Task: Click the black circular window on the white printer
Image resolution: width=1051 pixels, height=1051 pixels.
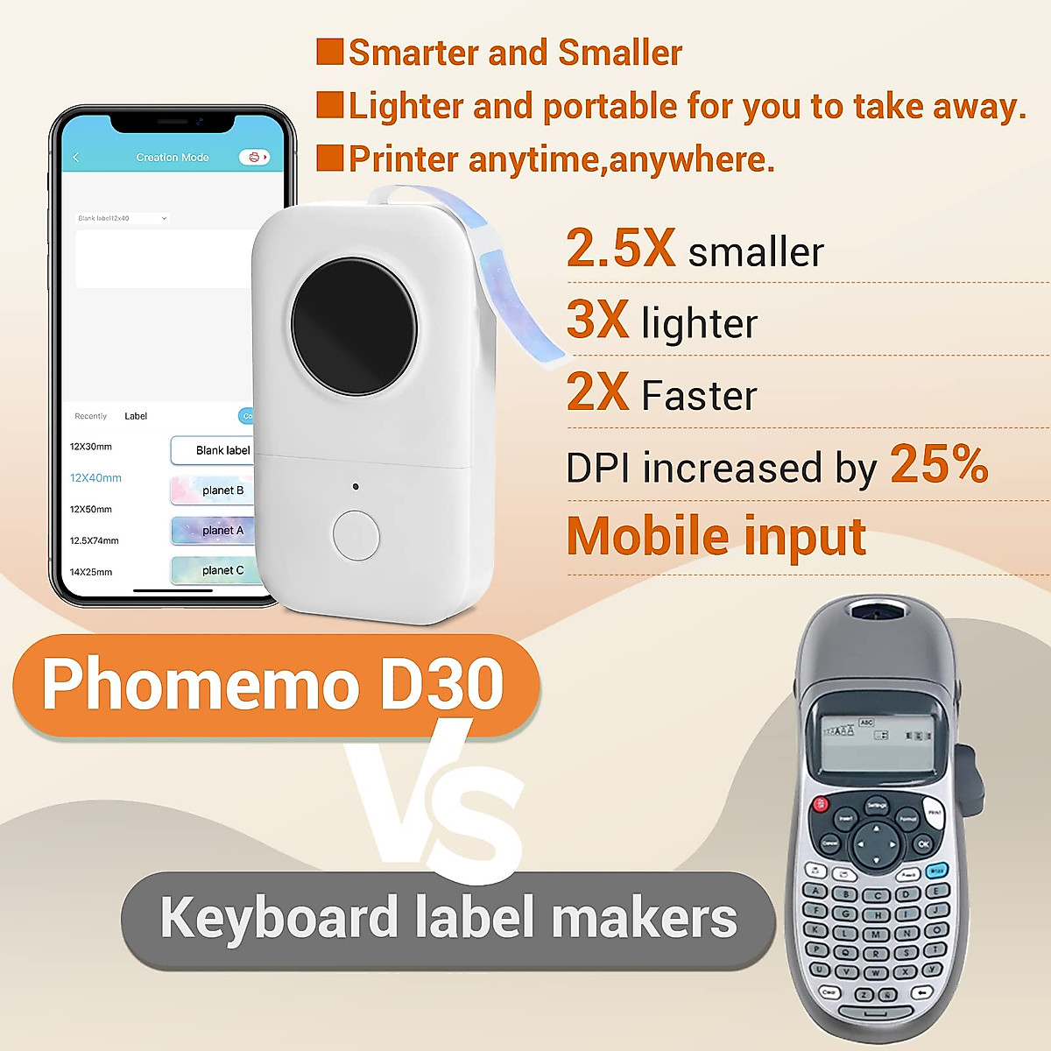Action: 354,327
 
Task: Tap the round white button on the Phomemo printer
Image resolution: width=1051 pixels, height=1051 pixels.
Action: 356,535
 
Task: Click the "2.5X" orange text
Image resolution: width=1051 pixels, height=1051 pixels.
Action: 621,248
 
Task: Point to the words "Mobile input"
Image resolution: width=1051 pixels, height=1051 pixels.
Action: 716,536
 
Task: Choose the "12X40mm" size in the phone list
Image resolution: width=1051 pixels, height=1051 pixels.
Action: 95,478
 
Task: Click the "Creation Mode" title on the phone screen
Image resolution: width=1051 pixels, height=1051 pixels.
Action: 173,158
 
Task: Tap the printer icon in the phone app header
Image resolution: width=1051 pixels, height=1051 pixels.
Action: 254,158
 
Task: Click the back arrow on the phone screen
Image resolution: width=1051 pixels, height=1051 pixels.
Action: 76,158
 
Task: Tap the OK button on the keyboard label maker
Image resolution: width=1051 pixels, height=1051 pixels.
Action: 922,844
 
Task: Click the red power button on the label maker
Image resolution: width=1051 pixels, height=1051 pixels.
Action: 821,804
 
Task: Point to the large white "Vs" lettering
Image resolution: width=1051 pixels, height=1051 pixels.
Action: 438,801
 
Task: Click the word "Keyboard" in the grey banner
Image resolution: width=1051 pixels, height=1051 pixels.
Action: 279,919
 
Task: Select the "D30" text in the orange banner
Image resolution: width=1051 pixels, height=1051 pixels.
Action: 441,684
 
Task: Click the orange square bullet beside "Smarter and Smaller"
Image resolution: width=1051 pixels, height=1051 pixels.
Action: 330,52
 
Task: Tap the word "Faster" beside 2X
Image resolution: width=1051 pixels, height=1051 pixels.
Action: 699,395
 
